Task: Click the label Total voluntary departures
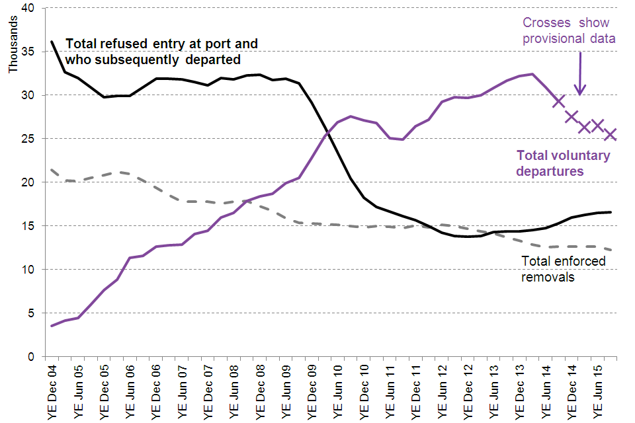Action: pos(563,163)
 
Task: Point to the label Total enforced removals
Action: pos(563,269)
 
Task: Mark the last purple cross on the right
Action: pos(611,134)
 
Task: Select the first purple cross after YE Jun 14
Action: pos(559,100)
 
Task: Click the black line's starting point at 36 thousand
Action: pos(52,42)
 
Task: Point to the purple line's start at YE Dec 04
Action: pos(52,326)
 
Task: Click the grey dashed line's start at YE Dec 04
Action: pos(52,170)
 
